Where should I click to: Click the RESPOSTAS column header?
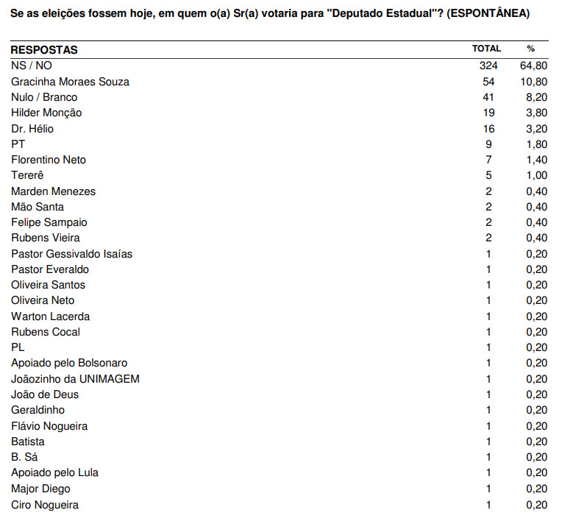pyautogui.click(x=44, y=50)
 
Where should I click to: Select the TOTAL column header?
pyautogui.click(x=486, y=49)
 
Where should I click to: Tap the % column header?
pyautogui.click(x=531, y=49)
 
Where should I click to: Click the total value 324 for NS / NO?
pyautogui.click(x=488, y=65)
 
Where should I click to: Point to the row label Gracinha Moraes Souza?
pyautogui.click(x=70, y=82)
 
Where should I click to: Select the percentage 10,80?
pyautogui.click(x=533, y=82)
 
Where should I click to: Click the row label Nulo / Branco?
pyautogui.click(x=44, y=97)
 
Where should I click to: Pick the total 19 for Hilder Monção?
pyautogui.click(x=490, y=113)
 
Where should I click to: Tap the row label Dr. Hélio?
pyautogui.click(x=32, y=129)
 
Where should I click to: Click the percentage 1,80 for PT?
pyautogui.click(x=536, y=144)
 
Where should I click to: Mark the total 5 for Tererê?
pyautogui.click(x=488, y=175)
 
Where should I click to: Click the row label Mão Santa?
pyautogui.click(x=38, y=207)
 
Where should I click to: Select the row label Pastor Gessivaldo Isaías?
pyautogui.click(x=71, y=254)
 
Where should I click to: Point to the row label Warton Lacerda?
pyautogui.click(x=51, y=316)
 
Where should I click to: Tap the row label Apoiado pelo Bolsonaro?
pyautogui.click(x=69, y=363)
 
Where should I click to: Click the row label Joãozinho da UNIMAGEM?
pyautogui.click(x=75, y=379)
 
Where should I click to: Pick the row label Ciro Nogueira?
pyautogui.click(x=45, y=505)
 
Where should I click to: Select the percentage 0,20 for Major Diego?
pyautogui.click(x=536, y=489)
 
